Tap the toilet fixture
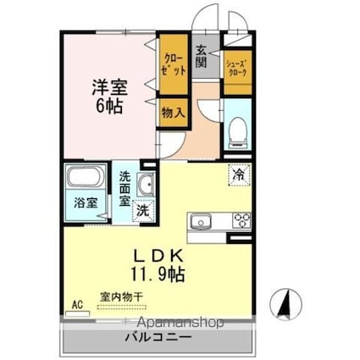[237, 128]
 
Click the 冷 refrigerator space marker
[238, 175]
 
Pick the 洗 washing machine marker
[143, 210]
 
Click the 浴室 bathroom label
[84, 203]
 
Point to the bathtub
[84, 180]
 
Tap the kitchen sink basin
[202, 222]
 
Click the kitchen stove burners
[241, 221]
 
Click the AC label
[76, 302]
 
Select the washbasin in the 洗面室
[144, 186]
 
